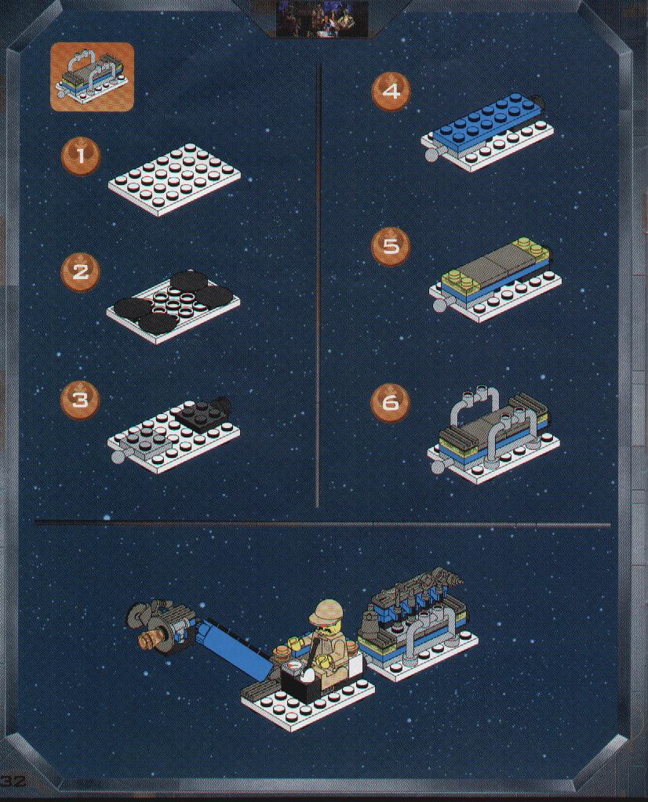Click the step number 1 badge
[x=80, y=155]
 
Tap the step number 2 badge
[x=80, y=271]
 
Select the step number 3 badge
[x=80, y=399]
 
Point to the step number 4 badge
[x=391, y=92]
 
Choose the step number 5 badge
[x=391, y=246]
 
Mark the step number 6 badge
[x=391, y=402]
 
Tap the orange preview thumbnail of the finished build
[x=92, y=76]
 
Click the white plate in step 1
[x=174, y=180]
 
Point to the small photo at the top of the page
[x=322, y=19]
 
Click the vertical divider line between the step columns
[x=318, y=285]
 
